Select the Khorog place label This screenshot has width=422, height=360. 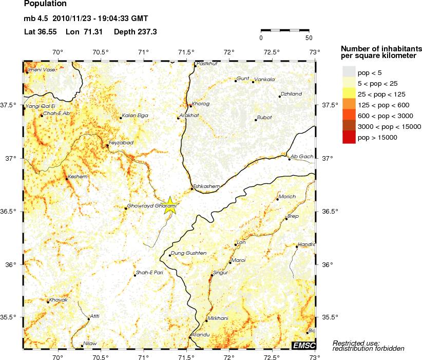point(200,104)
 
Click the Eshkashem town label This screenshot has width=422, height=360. point(206,186)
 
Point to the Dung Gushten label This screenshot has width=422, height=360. point(189,253)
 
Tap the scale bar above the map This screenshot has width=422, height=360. point(284,31)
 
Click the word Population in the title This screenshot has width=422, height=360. point(45,4)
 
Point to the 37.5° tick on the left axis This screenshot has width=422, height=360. point(11,105)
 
